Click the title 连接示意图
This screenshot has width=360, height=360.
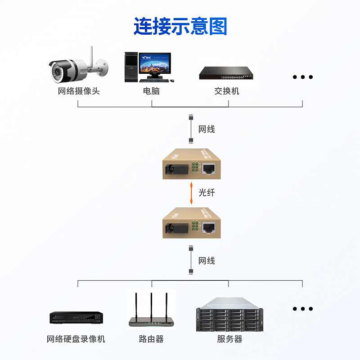tap(180, 27)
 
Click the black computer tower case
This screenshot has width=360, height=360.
tap(130, 67)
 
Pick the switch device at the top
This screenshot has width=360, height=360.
tap(226, 73)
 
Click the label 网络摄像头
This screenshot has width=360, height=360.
tap(79, 91)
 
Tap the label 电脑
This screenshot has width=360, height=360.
tap(151, 91)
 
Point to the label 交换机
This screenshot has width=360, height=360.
tap(227, 91)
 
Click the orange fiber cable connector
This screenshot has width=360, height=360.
tap(191, 192)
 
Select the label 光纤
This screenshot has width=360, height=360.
tap(207, 193)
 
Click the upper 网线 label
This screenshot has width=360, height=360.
tap(207, 130)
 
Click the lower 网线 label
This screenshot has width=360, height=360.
tap(207, 261)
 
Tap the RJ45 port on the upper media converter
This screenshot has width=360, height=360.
tap(208, 169)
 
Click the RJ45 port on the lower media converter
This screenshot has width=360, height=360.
tap(208, 227)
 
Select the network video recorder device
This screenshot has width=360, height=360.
tap(76, 318)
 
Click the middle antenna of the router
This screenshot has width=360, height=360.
tap(151, 306)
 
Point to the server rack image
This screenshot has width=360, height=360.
tap(229, 315)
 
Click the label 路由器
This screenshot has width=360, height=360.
tap(151, 339)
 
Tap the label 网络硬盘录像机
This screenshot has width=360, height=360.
tap(76, 339)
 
